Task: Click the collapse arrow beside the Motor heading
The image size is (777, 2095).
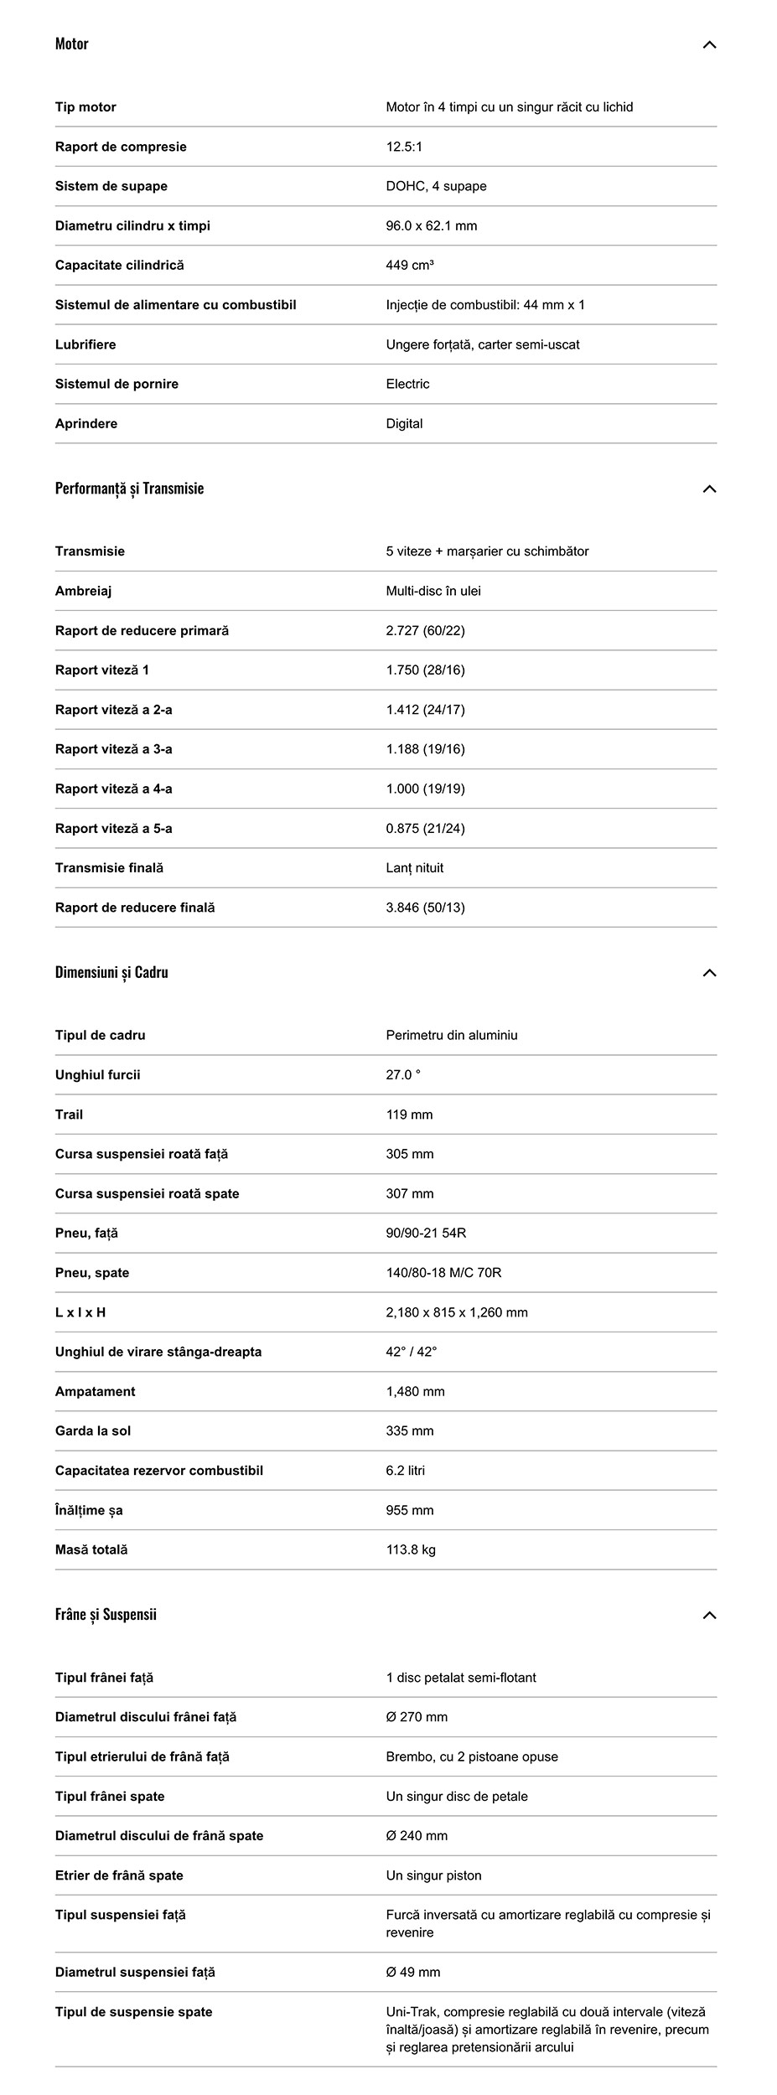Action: [x=709, y=44]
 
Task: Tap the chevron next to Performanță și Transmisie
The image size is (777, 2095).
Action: [x=709, y=489]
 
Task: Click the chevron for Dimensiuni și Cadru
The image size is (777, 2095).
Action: [x=709, y=973]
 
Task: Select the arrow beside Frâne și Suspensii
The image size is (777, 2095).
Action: [x=709, y=1615]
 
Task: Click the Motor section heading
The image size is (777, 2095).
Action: [x=72, y=44]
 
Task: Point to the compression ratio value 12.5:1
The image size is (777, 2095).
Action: [x=404, y=147]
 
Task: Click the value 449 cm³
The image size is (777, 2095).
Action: [x=410, y=266]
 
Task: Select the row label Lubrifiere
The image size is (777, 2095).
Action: [x=85, y=344]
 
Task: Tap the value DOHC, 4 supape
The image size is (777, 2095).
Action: [x=436, y=186]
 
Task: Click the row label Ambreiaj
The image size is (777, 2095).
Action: [x=83, y=591]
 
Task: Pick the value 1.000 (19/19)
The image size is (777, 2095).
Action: [x=425, y=789]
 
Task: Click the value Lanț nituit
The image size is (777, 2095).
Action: [x=415, y=868]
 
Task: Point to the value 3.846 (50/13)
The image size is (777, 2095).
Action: [x=425, y=908]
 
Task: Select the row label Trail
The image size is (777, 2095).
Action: [x=69, y=1115]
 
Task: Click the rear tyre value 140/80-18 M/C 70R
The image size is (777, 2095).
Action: [x=443, y=1273]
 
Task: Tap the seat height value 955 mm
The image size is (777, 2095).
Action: [x=410, y=1510]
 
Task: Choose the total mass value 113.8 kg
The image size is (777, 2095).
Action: [x=411, y=1549]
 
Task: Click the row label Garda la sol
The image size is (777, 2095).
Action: [x=93, y=1430]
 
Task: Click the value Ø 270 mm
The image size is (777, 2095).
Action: [x=417, y=1717]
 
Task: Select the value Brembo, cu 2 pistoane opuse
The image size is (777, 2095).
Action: [x=472, y=1756]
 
